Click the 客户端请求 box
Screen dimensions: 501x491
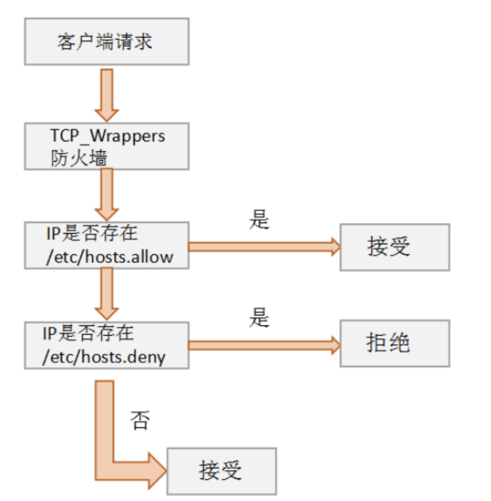click(106, 42)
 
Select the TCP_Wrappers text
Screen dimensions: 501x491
click(107, 136)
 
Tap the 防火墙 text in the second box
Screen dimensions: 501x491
click(79, 158)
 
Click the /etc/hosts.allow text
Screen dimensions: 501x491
click(110, 257)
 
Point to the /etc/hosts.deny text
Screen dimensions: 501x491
click(104, 357)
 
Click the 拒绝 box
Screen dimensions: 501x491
click(395, 343)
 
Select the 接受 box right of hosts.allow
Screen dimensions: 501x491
click(395, 247)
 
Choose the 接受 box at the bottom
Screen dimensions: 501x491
click(221, 471)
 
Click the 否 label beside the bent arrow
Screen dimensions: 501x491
click(140, 420)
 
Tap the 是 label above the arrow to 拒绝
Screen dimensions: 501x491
click(259, 317)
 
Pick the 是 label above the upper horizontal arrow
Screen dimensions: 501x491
click(259, 220)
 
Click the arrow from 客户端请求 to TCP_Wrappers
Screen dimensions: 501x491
click(107, 94)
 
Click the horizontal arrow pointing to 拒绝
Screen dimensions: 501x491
click(263, 345)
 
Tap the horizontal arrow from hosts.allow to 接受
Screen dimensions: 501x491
click(263, 247)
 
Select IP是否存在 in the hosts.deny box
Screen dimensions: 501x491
click(88, 333)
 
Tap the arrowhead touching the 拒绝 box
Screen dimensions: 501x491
click(336, 345)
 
